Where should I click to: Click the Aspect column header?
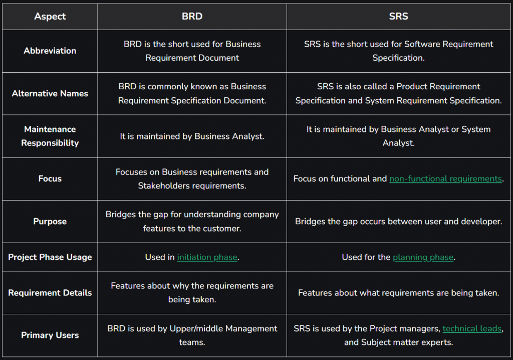[x=50, y=17]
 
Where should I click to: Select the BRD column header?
[x=192, y=17]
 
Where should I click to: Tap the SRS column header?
[x=398, y=17]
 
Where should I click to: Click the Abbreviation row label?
[x=50, y=51]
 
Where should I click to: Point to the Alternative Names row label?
[x=50, y=94]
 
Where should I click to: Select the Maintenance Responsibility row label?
[x=50, y=136]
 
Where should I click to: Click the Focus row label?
[x=50, y=178]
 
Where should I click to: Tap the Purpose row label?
[x=50, y=222]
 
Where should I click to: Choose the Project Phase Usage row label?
[x=50, y=257]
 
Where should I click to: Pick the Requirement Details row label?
[x=50, y=293]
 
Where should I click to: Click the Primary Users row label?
[x=50, y=335]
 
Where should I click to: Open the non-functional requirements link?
[x=445, y=179]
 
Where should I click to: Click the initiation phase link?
[x=207, y=258]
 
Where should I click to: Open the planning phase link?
[x=423, y=258]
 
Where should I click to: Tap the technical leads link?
[x=472, y=328]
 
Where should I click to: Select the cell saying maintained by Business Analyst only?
[x=192, y=136]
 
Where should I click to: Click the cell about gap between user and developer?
[x=398, y=222]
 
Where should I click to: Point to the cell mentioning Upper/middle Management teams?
[x=192, y=335]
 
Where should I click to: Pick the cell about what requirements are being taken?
[x=398, y=293]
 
